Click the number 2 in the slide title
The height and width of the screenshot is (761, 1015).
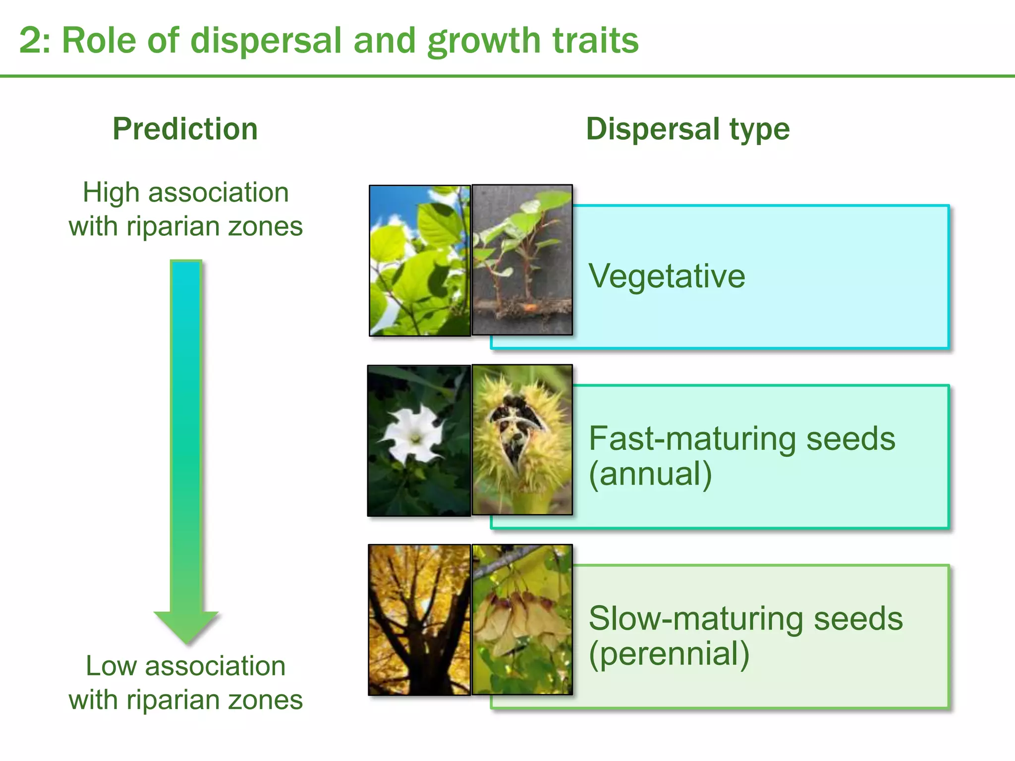(32, 41)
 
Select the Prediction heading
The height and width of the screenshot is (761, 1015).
(185, 129)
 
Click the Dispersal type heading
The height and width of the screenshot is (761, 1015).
(687, 129)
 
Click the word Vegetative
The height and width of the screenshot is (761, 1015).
(667, 275)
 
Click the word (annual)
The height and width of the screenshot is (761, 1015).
(650, 474)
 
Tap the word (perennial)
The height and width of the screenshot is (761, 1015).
(669, 653)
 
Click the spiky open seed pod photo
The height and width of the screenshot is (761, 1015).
(522, 440)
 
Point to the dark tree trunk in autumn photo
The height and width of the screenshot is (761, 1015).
(419, 639)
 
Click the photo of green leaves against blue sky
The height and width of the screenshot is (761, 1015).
(419, 261)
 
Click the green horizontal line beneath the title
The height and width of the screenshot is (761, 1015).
(507, 76)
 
